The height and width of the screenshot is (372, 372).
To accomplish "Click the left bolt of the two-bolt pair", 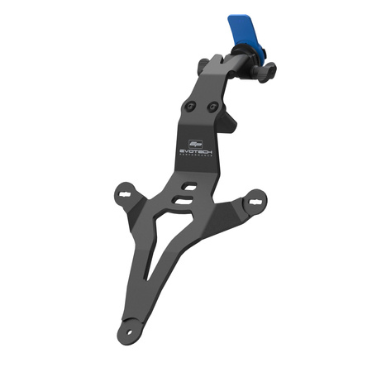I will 192,107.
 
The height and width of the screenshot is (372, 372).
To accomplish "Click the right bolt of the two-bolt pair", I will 213,107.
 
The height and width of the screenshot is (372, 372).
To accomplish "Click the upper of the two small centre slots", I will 190,188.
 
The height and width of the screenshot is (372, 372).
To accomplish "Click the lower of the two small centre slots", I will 181,200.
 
